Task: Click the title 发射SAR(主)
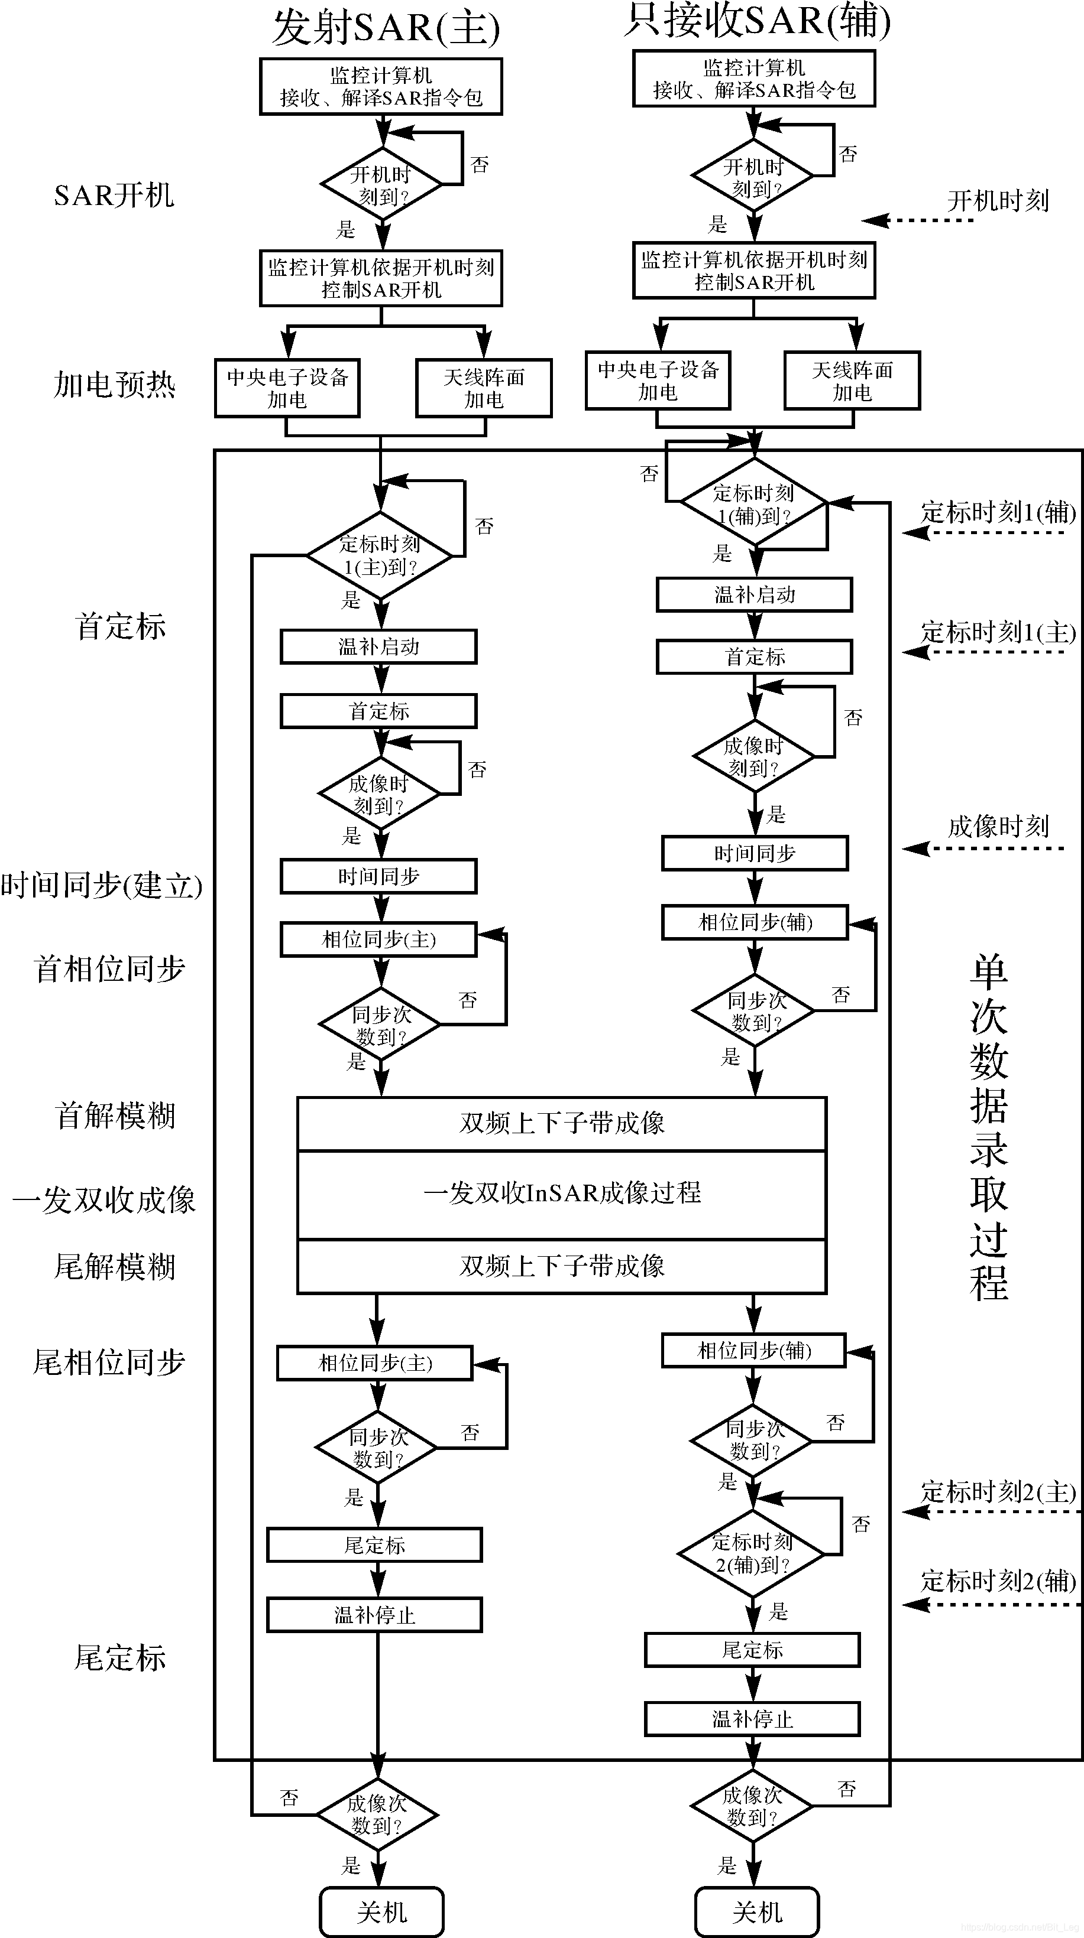[386, 28]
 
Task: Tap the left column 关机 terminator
[381, 1911]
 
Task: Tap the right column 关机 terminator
[756, 1911]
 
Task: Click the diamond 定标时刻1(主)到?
[380, 555]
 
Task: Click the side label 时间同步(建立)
[102, 886]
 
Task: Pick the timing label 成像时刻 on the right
[998, 827]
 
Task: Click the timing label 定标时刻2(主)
[998, 1492]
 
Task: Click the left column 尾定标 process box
[374, 1545]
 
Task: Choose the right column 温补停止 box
[752, 1719]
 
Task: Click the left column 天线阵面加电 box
[483, 388]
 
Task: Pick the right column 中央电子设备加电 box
[658, 381]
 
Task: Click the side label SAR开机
[114, 196]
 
